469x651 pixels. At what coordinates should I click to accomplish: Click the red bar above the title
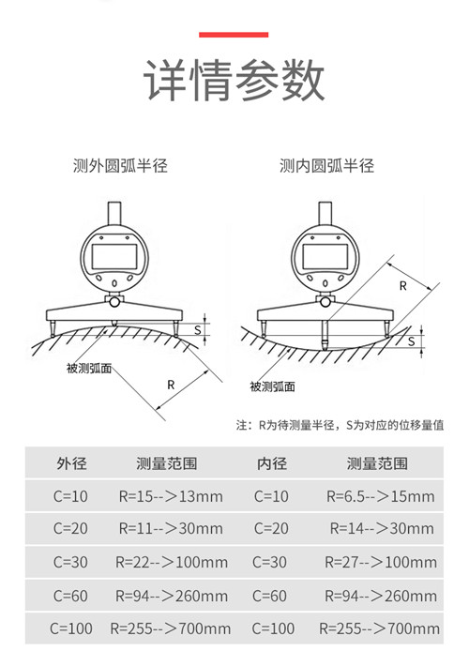[234, 35]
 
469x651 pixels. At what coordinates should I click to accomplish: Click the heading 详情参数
[234, 80]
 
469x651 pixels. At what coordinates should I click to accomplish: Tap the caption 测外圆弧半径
[120, 166]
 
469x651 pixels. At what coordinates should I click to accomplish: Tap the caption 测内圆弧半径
[326, 166]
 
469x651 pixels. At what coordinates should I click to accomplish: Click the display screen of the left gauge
[114, 256]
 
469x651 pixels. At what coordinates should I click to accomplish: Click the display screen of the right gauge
[325, 256]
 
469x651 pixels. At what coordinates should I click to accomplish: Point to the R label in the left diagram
[171, 385]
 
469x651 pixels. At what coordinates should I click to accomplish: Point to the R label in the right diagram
[402, 286]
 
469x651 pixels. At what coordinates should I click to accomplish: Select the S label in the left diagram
[198, 330]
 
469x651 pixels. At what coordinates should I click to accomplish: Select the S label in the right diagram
[411, 341]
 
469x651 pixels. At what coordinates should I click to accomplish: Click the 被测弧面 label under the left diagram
[89, 368]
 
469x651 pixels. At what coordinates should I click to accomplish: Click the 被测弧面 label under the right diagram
[272, 386]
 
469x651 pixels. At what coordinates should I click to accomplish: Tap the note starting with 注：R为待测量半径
[340, 425]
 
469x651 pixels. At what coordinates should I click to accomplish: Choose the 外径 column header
[72, 463]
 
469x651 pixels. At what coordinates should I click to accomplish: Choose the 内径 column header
[272, 463]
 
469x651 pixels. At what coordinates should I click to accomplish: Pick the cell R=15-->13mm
[171, 496]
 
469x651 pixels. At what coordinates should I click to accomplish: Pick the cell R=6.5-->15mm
[380, 496]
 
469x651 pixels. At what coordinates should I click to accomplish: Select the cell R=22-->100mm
[172, 562]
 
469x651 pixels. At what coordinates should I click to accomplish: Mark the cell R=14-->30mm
[382, 528]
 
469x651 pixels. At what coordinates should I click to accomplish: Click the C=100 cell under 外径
[71, 628]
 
